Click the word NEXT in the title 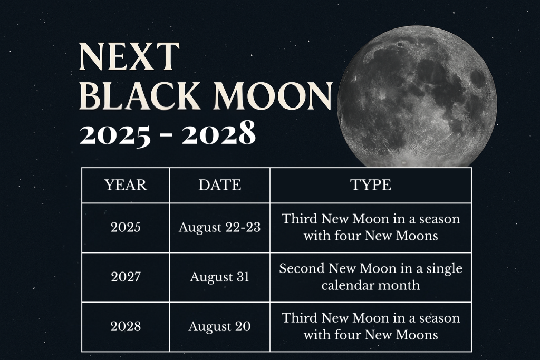click(x=129, y=57)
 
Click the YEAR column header click(x=126, y=185)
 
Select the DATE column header click(x=219, y=185)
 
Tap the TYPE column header click(x=370, y=185)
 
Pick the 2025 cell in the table click(x=126, y=228)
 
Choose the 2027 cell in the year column click(x=126, y=277)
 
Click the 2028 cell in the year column click(x=126, y=327)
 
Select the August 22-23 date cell click(x=219, y=228)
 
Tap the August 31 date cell click(x=219, y=277)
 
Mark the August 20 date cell click(x=219, y=327)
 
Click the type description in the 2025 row click(x=370, y=227)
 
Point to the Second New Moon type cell click(x=370, y=277)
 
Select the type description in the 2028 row click(x=370, y=326)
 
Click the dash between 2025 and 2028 click(x=167, y=136)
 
